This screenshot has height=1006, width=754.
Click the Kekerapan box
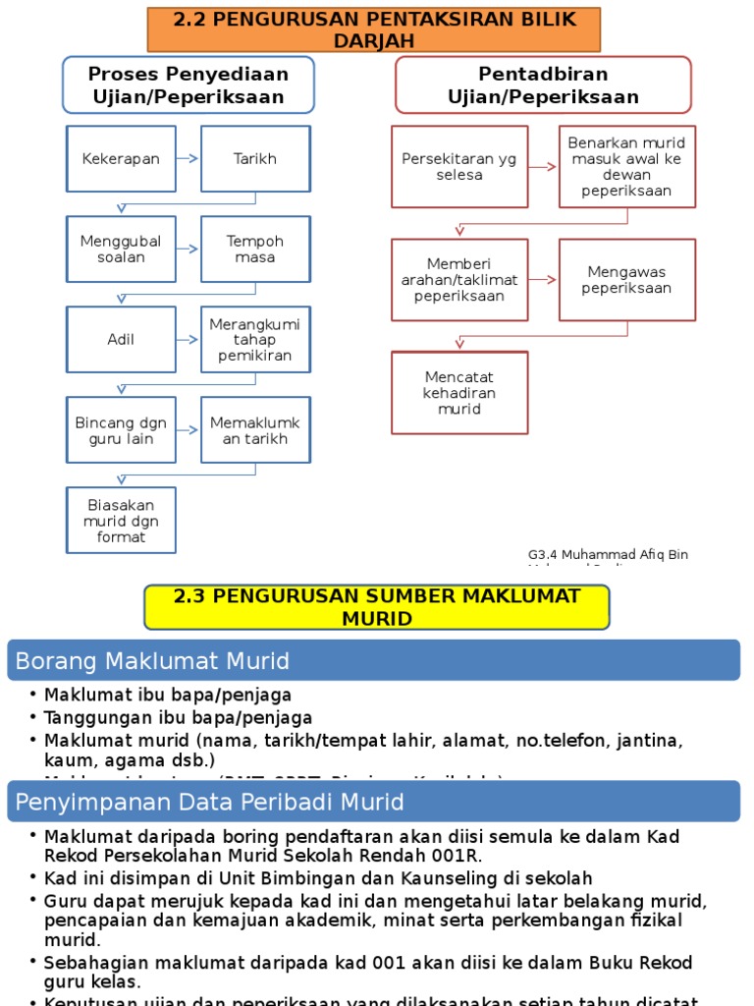(121, 158)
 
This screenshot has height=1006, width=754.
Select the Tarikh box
(255, 158)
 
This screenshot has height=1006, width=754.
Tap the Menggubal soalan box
(121, 249)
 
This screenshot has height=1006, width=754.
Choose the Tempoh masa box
(255, 249)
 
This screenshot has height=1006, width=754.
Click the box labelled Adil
(121, 339)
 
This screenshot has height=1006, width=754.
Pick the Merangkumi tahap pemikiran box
(255, 339)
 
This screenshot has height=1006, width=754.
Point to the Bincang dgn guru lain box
(121, 430)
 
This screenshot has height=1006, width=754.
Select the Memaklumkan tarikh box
(255, 430)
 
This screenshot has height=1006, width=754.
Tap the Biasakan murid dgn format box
(121, 521)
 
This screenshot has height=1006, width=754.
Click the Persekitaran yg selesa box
(459, 166)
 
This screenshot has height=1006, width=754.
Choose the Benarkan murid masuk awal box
(627, 166)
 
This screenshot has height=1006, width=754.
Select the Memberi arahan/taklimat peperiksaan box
(459, 280)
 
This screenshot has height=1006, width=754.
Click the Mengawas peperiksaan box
(627, 280)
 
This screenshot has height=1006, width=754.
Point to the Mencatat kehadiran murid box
(459, 393)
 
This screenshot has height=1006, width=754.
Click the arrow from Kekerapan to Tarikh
(188, 158)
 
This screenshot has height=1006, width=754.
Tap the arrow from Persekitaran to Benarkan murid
(543, 167)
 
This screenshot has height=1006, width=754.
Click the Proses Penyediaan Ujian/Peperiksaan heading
(188, 85)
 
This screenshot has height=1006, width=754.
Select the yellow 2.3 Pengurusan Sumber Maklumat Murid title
(377, 607)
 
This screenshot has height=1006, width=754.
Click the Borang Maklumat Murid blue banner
(373, 660)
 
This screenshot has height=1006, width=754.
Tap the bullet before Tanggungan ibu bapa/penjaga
(33, 717)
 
